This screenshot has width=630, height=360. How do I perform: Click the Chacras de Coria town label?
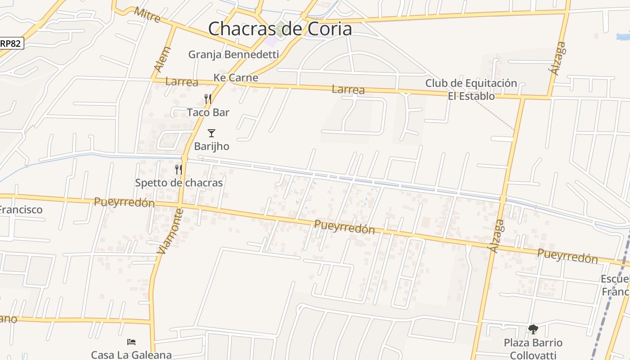coord(279,29)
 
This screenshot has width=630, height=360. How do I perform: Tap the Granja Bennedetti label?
coord(234,54)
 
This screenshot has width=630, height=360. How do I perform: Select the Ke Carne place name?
coord(236,77)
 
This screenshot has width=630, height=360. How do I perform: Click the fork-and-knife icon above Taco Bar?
coord(208,99)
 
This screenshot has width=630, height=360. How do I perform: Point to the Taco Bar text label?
coord(208,112)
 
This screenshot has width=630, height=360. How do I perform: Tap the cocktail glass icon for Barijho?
coord(211,133)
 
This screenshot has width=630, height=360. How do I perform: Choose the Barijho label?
coord(211,146)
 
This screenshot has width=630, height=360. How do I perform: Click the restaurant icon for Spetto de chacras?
coord(179,170)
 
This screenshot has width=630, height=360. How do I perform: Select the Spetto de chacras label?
coord(179,183)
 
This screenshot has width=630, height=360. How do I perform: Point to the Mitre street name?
coord(147,15)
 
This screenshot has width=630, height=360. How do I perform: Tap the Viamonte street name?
coord(171,231)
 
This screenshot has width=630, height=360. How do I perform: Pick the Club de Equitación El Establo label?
coord(471,90)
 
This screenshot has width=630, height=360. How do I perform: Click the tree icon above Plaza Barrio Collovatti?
coord(533,329)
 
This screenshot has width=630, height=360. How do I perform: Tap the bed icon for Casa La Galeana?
coord(131,342)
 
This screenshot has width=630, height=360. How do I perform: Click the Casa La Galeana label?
coord(131,355)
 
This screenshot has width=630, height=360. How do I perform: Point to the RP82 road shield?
coord(11,43)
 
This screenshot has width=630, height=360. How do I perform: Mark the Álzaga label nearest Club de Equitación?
coord(557,58)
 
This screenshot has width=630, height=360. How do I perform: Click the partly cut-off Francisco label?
coord(21,210)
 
